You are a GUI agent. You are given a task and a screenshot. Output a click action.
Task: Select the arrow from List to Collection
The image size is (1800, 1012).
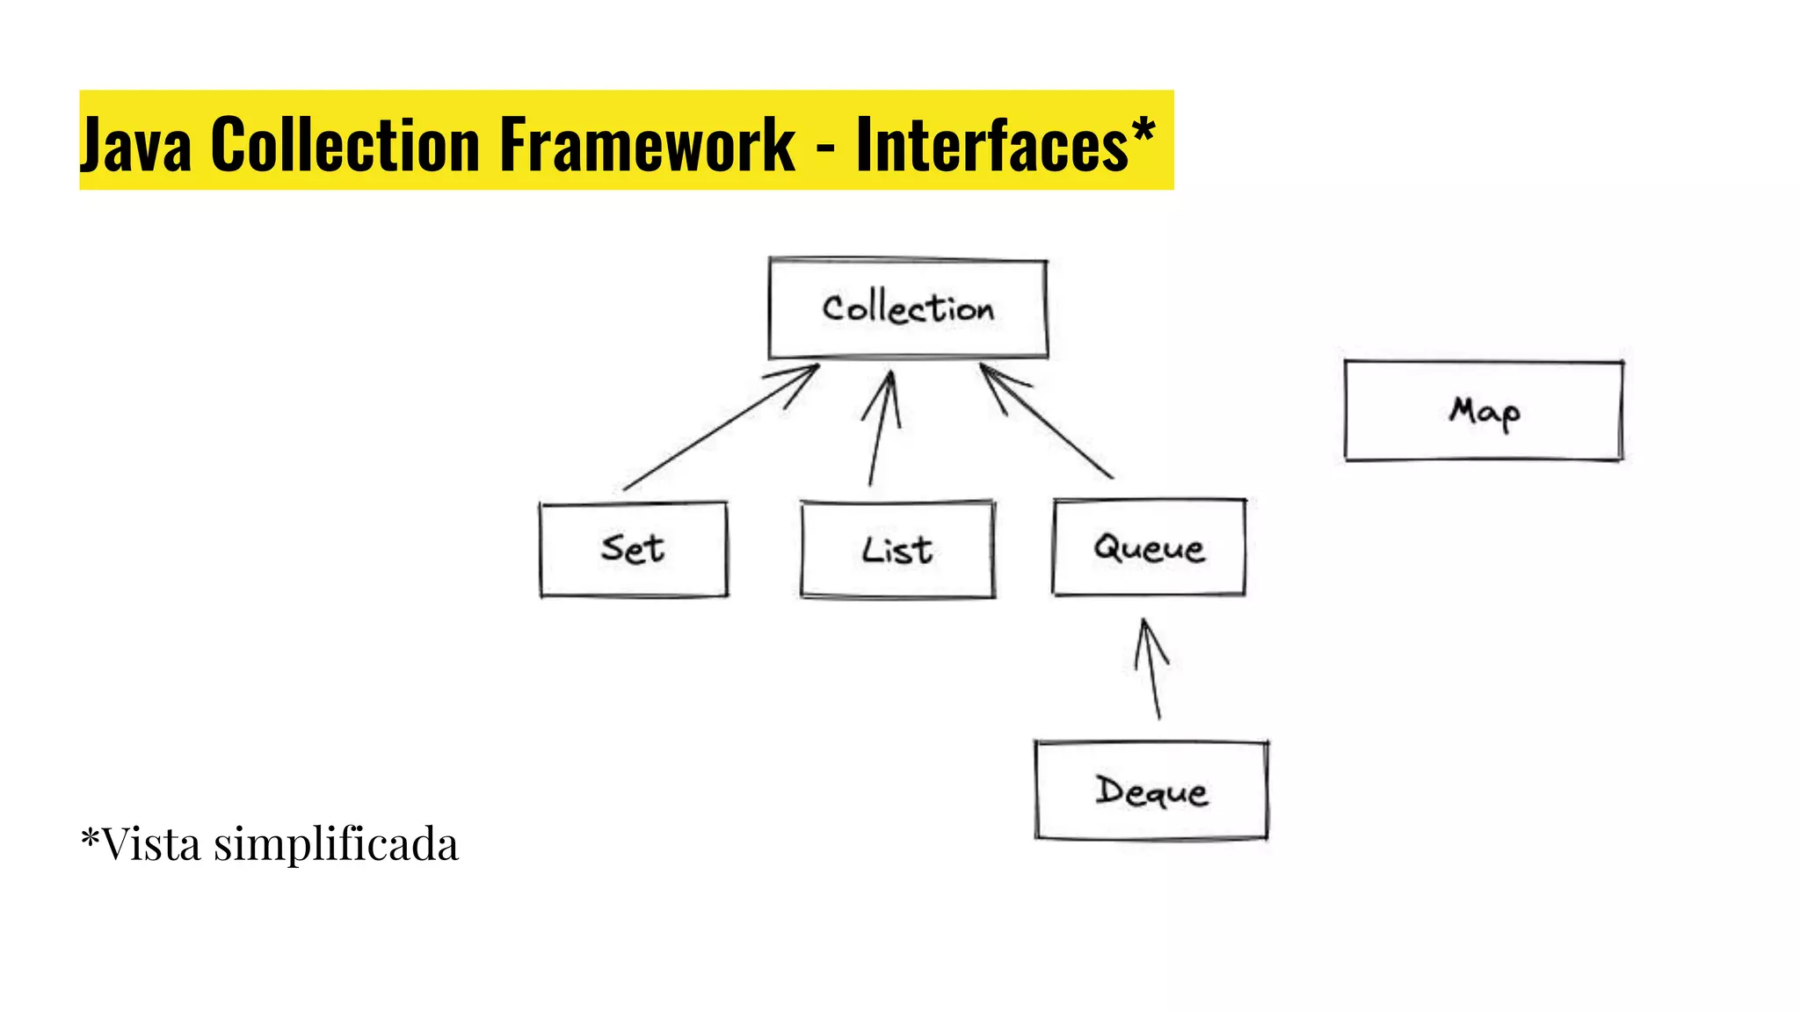click(x=880, y=430)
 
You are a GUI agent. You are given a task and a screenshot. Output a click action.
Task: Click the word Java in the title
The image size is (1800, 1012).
click(x=136, y=144)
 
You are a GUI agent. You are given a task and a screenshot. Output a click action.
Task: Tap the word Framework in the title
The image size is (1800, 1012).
click(x=647, y=144)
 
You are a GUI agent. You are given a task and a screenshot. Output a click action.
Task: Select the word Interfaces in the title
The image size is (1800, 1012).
click(x=991, y=144)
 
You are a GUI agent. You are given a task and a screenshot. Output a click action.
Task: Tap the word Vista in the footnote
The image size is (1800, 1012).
click(x=151, y=844)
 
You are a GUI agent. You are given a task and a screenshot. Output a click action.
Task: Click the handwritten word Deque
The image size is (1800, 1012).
click(x=1151, y=792)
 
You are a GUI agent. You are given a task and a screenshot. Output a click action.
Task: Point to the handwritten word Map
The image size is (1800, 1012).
click(x=1484, y=411)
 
